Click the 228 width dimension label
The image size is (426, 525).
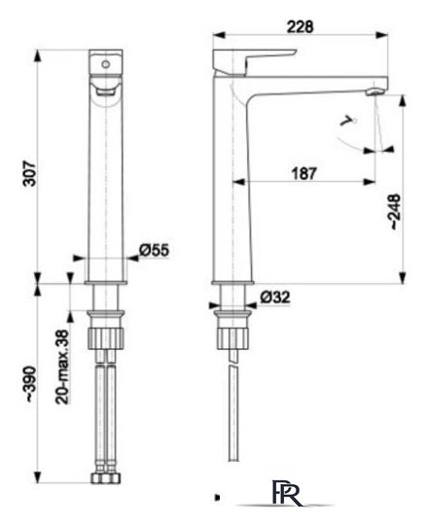pyautogui.click(x=301, y=27)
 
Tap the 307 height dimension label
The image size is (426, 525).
pyautogui.click(x=30, y=173)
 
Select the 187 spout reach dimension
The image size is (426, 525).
pyautogui.click(x=303, y=174)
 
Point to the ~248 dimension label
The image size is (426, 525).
pyautogui.click(x=395, y=211)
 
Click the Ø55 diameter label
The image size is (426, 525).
pyautogui.click(x=155, y=250)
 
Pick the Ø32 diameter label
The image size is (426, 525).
pyautogui.click(x=275, y=297)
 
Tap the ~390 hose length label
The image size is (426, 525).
pyautogui.click(x=30, y=384)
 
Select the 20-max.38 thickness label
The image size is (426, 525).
pyautogui.click(x=62, y=367)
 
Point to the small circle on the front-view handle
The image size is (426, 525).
pyautogui.click(x=106, y=64)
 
